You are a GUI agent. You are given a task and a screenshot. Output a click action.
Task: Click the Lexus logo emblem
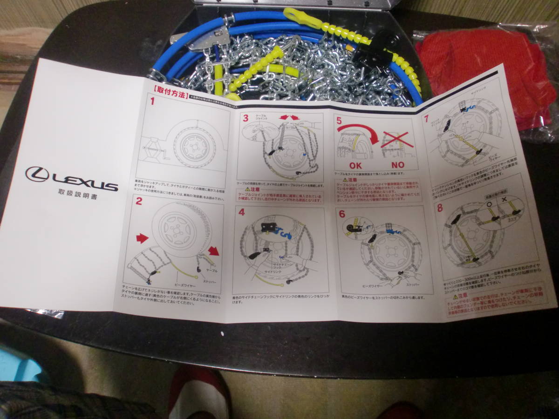click(x=37, y=174)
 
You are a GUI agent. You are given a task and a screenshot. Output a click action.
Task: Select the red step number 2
click(x=138, y=201)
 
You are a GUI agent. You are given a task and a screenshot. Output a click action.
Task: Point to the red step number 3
click(x=245, y=118)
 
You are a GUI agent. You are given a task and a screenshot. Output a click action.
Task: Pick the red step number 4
click(x=241, y=213)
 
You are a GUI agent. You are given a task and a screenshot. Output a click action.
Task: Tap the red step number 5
click(x=339, y=121)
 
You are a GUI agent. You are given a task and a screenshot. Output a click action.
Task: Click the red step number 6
click(x=342, y=214)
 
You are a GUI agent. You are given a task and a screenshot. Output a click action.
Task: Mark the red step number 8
click(x=440, y=208)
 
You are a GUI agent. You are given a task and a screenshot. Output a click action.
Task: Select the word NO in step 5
click(x=398, y=164)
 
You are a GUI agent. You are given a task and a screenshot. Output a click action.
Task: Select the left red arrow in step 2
click(x=141, y=239)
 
